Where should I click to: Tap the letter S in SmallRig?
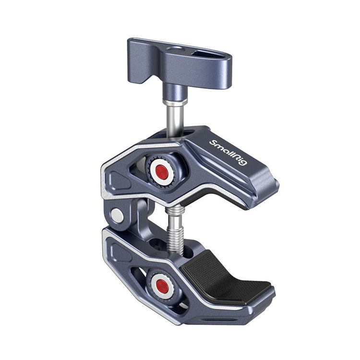[212, 142]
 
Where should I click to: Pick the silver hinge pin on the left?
[116, 216]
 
